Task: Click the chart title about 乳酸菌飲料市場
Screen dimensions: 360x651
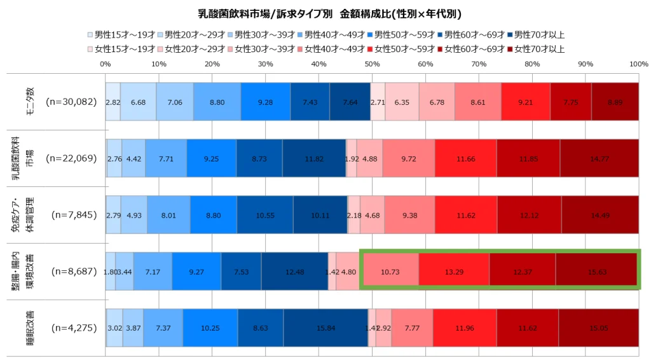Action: (325, 13)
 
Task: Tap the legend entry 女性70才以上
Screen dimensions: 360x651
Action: (535, 48)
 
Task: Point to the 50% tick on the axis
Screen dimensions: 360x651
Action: (372, 64)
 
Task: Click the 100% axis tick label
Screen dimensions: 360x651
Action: (638, 64)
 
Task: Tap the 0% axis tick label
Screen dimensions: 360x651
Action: (106, 64)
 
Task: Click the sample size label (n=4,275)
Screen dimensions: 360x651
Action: (73, 328)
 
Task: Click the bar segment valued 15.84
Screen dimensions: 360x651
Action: (325, 328)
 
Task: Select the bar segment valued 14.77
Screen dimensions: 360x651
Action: (599, 158)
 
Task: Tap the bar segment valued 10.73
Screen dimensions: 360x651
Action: (390, 272)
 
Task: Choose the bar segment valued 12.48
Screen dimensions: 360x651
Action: (294, 272)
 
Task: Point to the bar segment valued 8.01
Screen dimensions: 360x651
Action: (168, 215)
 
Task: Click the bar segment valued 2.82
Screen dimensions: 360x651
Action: (113, 102)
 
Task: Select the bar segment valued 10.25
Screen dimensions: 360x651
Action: (210, 328)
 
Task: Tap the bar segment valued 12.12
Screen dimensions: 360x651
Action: (529, 215)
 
